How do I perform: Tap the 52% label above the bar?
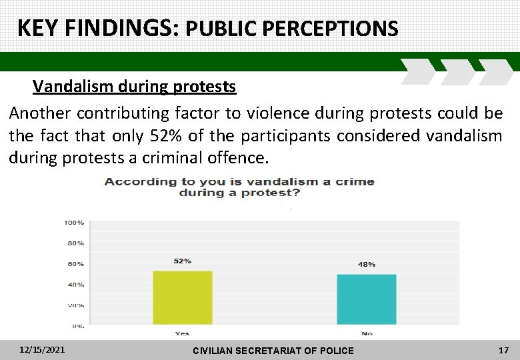tap(183, 261)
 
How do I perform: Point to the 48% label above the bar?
tap(366, 264)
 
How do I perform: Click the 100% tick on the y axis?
tap(74, 222)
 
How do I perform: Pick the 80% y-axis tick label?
tap(75, 243)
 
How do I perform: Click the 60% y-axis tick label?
tap(75, 264)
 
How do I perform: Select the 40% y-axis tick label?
tap(75, 285)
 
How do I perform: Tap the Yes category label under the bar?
tap(182, 333)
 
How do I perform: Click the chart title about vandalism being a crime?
tap(239, 187)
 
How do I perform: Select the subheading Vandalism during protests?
tap(134, 87)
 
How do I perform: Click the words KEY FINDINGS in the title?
tap(97, 28)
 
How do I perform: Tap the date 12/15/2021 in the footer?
tap(43, 349)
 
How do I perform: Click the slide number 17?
tap(503, 349)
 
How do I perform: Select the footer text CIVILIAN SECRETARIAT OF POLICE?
tap(273, 351)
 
